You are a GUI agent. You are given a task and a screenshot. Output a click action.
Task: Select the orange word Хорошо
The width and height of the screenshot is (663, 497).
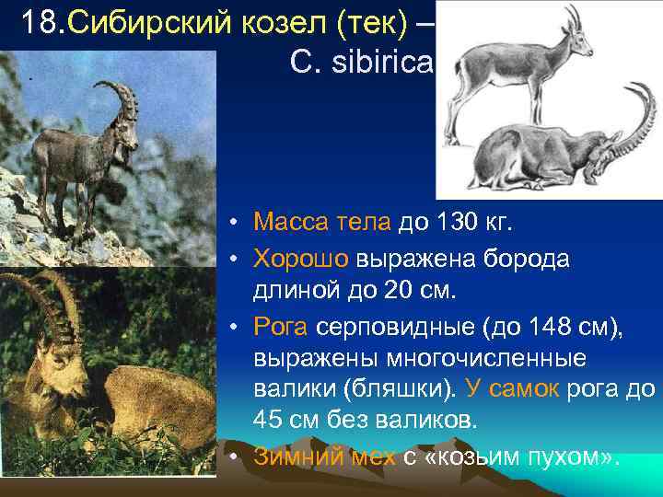297,259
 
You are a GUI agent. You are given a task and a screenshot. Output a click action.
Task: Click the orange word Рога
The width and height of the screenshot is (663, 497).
282,328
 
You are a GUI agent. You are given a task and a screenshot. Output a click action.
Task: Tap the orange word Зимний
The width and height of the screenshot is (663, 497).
292,456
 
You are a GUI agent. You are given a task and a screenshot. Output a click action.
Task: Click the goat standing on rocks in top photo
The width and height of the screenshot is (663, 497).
97,147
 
